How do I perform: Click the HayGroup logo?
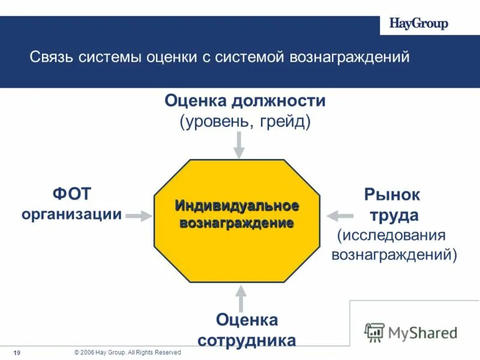pyautogui.click(x=419, y=24)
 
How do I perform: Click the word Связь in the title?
pyautogui.click(x=52, y=58)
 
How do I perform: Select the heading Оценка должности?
pyautogui.click(x=245, y=101)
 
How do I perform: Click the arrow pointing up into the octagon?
pyautogui.click(x=240, y=298)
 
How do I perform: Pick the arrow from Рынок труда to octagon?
pyautogui.click(x=340, y=214)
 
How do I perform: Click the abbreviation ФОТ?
pyautogui.click(x=72, y=194)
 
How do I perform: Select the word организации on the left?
pyautogui.click(x=72, y=214)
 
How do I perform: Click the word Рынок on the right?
pyautogui.click(x=392, y=195)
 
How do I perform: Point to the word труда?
pyautogui.click(x=394, y=215)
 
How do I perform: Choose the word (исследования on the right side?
pyautogui.click(x=391, y=235)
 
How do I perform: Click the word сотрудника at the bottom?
pyautogui.click(x=247, y=340)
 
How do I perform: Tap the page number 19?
pyautogui.click(x=17, y=353)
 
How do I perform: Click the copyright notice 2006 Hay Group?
pyautogui.click(x=127, y=353)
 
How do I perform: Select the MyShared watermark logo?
pyautogui.click(x=412, y=332)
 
